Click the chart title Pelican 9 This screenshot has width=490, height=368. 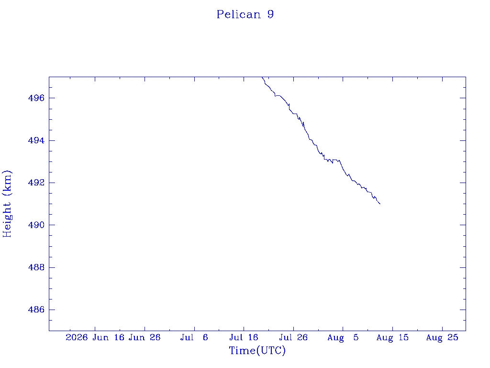(x=245, y=14)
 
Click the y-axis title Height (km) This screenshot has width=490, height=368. (x=7, y=204)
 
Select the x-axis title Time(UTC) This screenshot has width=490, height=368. (x=257, y=350)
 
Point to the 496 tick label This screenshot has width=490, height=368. (x=36, y=98)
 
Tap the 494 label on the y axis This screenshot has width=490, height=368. (x=36, y=140)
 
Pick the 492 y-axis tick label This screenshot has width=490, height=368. (x=36, y=183)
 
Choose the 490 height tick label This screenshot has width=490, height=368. (x=36, y=225)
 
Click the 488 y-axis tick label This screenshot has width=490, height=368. (x=36, y=267)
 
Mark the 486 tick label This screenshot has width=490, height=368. (x=36, y=310)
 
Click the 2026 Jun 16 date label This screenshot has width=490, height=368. (x=95, y=337)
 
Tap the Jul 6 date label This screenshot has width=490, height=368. (x=194, y=337)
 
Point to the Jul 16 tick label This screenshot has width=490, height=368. (x=244, y=337)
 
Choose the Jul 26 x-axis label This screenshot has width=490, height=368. (x=293, y=337)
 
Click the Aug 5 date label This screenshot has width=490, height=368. (x=343, y=337)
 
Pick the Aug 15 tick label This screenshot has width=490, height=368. (x=392, y=337)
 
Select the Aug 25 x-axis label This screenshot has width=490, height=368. (x=442, y=337)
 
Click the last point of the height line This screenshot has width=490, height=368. (x=380, y=204)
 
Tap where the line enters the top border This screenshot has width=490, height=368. (x=262, y=77)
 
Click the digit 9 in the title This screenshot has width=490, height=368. (x=271, y=14)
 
